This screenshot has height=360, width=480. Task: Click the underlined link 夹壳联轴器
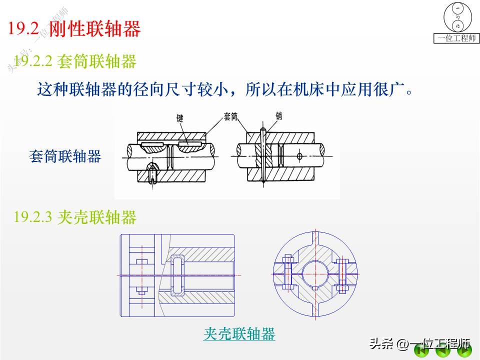[239, 333]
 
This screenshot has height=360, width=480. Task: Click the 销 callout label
[279, 116]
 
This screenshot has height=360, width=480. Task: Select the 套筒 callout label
[230, 116]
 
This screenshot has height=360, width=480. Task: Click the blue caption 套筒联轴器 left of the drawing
[65, 157]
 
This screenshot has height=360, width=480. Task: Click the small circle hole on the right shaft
[299, 156]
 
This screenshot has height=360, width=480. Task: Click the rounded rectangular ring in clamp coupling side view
[177, 275]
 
